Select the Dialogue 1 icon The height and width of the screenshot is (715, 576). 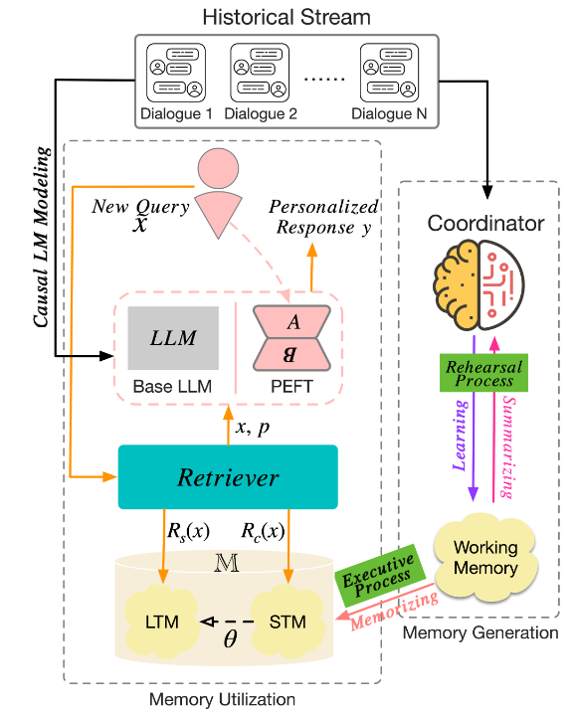coord(179,71)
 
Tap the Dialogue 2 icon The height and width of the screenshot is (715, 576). coord(264,71)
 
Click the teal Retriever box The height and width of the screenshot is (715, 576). coord(228,477)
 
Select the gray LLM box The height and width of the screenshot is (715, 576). coord(172,339)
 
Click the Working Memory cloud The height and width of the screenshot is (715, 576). coord(485,556)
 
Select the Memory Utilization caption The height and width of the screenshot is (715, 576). coord(222,700)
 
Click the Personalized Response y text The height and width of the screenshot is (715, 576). coord(322,216)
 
